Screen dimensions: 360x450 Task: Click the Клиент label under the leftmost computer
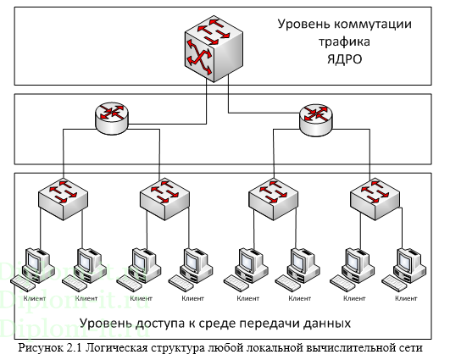[x=35, y=298]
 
